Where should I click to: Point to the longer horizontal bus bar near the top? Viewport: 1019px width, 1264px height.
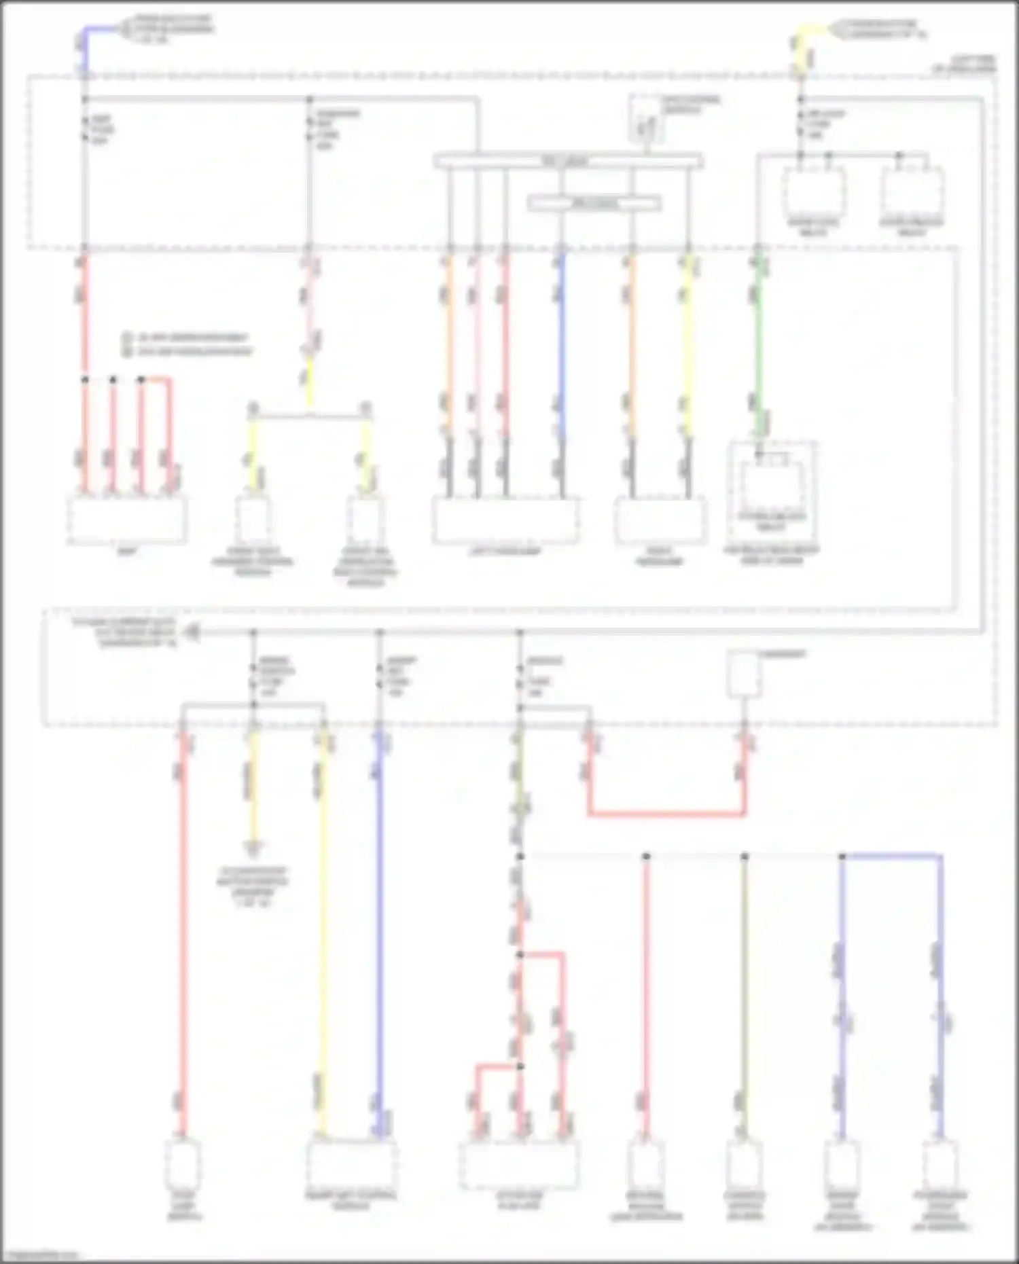[x=568, y=162]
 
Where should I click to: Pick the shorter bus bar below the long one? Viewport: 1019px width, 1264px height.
[x=594, y=203]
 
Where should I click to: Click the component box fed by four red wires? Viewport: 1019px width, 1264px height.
[x=127, y=520]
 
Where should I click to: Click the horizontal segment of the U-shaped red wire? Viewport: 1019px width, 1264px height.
[x=666, y=813]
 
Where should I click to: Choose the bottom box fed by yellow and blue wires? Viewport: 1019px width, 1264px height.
[x=351, y=1164]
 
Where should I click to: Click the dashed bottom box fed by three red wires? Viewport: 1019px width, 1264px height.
[x=519, y=1166]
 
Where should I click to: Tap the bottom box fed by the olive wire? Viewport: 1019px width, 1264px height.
[x=745, y=1166]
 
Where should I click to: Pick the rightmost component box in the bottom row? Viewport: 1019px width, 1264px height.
[x=940, y=1166]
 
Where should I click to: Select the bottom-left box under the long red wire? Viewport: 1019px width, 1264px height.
[x=183, y=1166]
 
